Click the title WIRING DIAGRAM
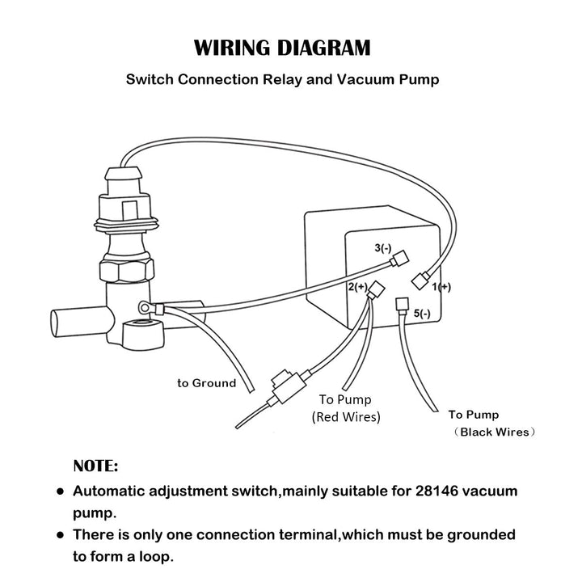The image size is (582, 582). coord(282,47)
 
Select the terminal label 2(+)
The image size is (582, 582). coord(356,286)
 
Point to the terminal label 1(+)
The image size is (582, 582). coord(441,287)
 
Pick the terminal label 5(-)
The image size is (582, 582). coord(422,314)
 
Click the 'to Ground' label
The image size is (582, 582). coord(207,382)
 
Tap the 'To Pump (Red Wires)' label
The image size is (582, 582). coord(347,408)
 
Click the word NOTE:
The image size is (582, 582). coord(95,466)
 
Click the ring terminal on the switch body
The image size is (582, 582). coord(145,307)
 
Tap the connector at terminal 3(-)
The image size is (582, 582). coord(396,262)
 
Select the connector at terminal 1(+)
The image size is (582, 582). coord(420,280)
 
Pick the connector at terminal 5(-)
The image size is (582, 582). coord(399,306)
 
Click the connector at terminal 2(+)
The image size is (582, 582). coord(372,296)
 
